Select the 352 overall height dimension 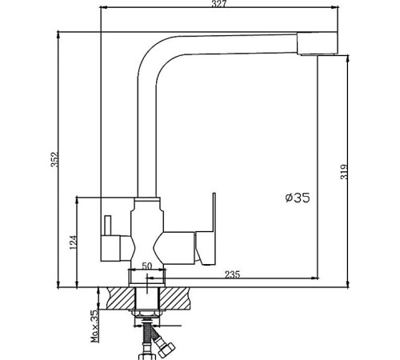[x=54, y=160]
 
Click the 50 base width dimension [x=146, y=266]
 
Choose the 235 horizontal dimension [x=232, y=275]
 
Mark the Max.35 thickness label [x=94, y=326]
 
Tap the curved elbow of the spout [x=156, y=50]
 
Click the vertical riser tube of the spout [x=148, y=136]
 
